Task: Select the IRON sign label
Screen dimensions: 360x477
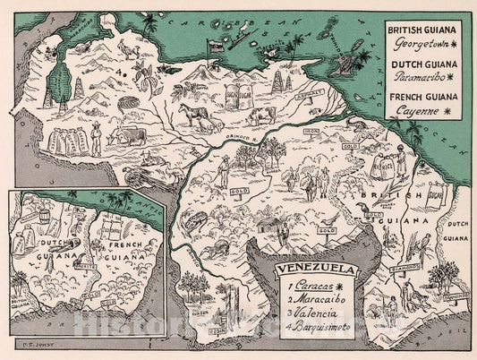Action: (311, 132)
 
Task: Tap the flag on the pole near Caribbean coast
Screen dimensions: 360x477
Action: (215, 42)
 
